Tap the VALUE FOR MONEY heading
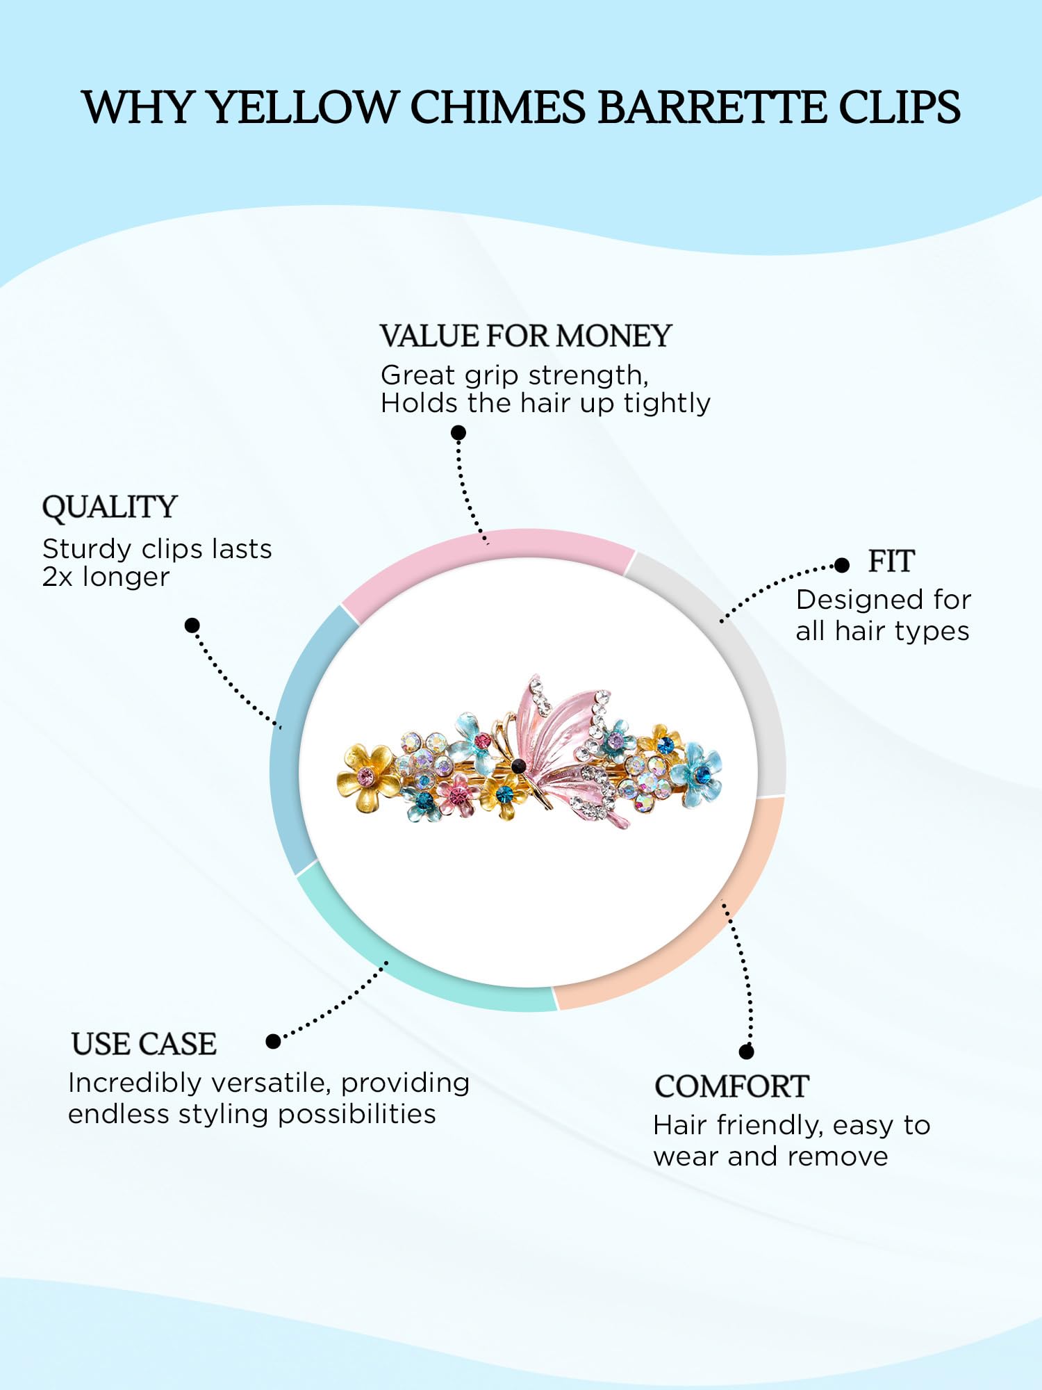(526, 336)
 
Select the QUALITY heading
(110, 507)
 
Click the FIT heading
(891, 562)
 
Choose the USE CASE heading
(144, 1044)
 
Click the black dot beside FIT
(842, 565)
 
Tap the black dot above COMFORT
(747, 1052)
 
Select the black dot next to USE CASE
(274, 1041)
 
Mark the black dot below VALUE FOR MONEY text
(458, 433)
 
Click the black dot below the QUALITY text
(192, 625)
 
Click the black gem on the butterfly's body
(518, 766)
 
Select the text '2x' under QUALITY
(57, 578)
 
